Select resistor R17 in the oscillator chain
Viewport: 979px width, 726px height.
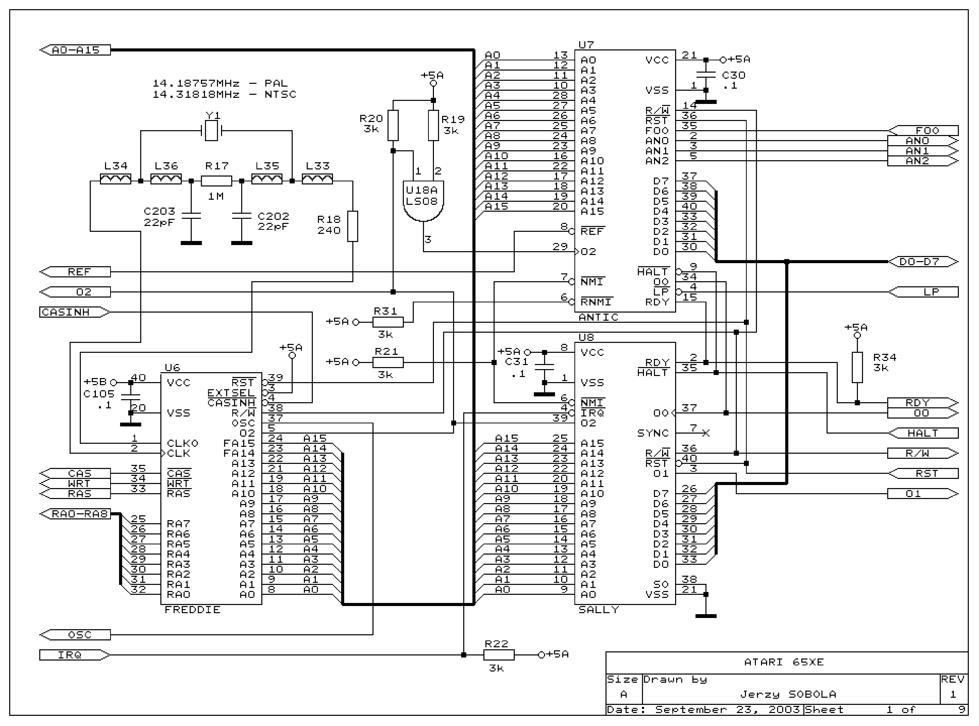click(x=216, y=181)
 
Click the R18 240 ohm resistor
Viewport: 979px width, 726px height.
click(x=353, y=226)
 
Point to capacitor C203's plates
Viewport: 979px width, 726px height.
click(x=191, y=216)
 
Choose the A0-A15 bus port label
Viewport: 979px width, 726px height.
click(x=76, y=50)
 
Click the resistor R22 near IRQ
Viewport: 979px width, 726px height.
click(x=499, y=655)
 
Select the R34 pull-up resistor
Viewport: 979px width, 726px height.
click(x=857, y=367)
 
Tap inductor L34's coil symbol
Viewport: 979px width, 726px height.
click(x=116, y=179)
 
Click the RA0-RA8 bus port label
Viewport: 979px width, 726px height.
click(x=80, y=514)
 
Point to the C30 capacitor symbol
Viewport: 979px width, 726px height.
click(x=706, y=75)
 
